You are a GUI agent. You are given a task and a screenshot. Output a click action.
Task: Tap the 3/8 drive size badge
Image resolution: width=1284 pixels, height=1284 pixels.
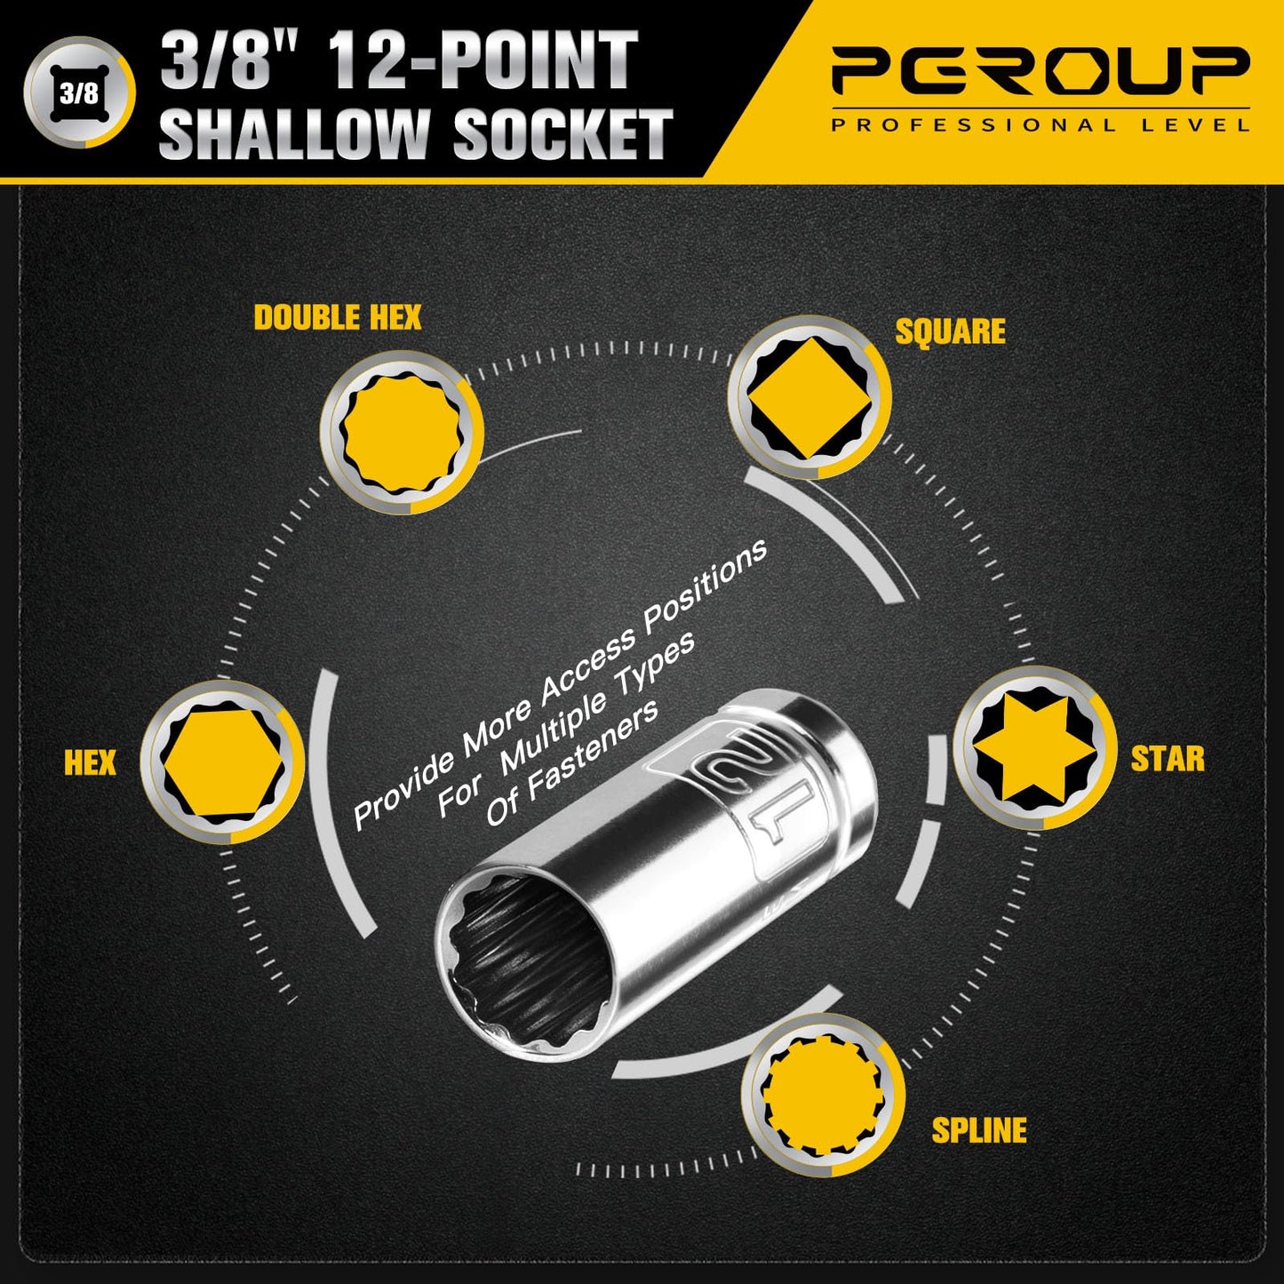(79, 92)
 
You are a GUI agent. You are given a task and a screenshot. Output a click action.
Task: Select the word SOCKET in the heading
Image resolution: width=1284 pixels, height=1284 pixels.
(562, 133)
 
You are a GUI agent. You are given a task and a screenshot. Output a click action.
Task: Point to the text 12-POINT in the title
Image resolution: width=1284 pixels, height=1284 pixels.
(483, 60)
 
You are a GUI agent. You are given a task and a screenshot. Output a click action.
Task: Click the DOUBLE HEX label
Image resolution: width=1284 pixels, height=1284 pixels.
(338, 318)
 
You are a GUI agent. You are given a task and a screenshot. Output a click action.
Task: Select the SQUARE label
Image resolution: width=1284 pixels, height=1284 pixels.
(950, 331)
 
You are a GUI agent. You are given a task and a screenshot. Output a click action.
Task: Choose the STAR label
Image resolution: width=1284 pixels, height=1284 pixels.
(1168, 760)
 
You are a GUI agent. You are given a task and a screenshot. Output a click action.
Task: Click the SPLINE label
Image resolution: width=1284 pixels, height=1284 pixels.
(978, 1130)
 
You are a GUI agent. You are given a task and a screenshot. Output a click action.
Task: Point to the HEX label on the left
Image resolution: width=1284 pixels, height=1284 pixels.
(90, 762)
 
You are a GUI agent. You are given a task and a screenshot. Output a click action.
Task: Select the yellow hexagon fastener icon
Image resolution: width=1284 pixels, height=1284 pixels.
(222, 761)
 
